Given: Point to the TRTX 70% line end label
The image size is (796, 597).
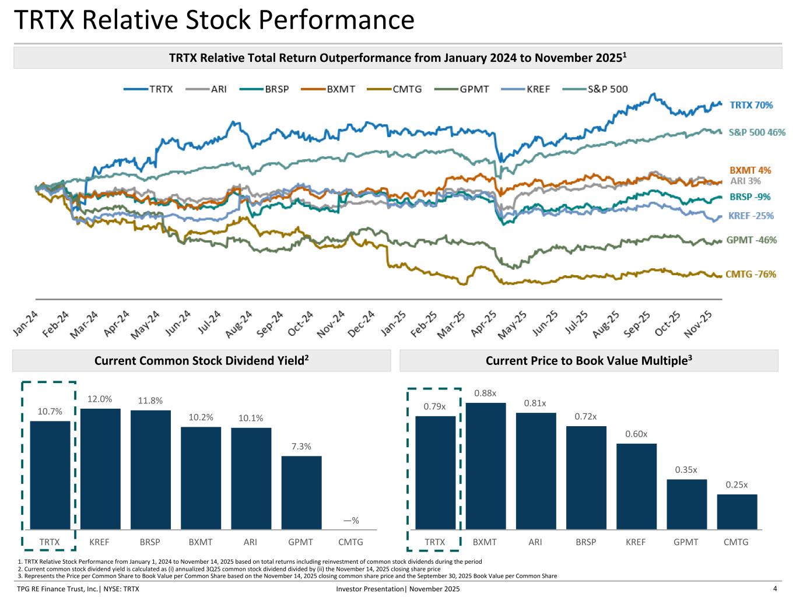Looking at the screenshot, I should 751,105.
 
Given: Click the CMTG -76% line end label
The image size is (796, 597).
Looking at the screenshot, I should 751,274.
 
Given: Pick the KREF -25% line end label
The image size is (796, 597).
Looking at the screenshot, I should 751,216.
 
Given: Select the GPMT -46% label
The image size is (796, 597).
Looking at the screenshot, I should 751,240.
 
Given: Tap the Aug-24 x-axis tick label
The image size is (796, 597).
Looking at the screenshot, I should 239,324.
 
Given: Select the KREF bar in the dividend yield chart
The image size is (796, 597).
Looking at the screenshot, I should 100,469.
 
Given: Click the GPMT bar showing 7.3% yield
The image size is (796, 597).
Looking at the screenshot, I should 301,492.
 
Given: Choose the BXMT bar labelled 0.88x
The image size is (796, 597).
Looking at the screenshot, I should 485,466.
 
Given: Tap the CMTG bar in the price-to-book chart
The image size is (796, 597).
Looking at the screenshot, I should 737,511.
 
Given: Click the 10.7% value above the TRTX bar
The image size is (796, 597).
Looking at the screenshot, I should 50,412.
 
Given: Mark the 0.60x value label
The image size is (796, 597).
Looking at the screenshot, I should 636,434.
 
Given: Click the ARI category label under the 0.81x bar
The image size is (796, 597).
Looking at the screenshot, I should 535,542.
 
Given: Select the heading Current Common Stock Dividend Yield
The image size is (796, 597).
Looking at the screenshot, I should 201,361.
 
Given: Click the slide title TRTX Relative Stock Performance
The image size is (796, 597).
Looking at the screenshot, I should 213,20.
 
